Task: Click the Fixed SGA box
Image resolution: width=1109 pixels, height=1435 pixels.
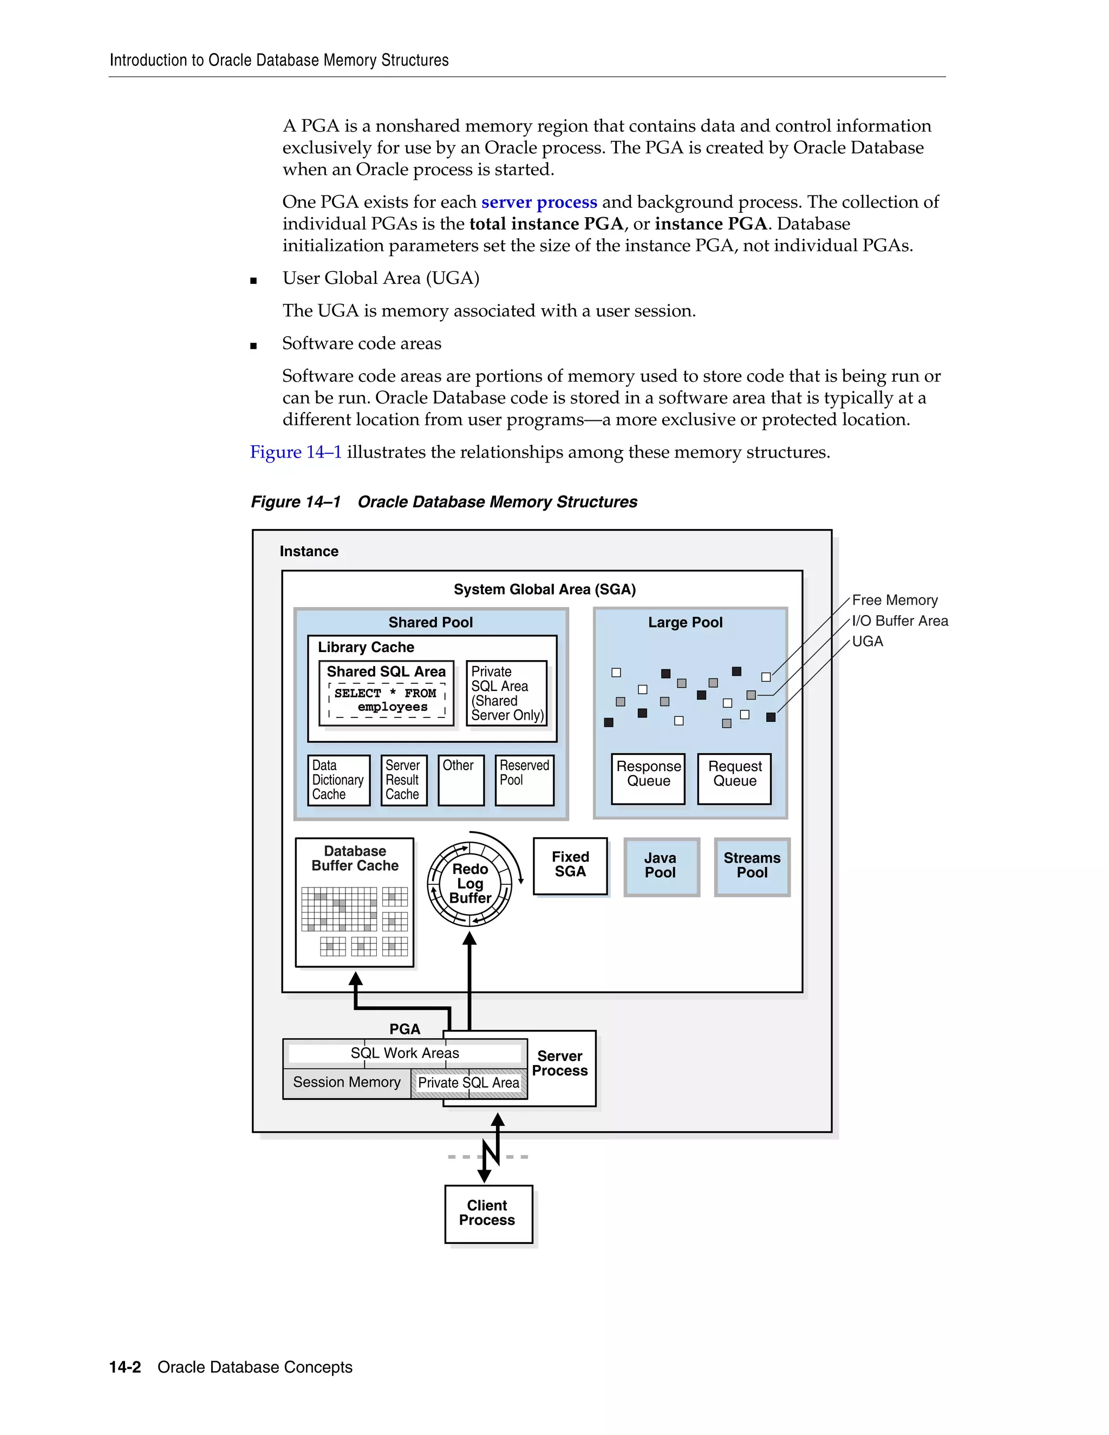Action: pyautogui.click(x=570, y=865)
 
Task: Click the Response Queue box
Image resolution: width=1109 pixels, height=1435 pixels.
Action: pyautogui.click(x=648, y=779)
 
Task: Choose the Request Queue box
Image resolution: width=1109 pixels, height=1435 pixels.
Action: pyautogui.click(x=734, y=779)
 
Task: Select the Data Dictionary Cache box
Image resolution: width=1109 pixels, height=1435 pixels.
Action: pyautogui.click(x=338, y=780)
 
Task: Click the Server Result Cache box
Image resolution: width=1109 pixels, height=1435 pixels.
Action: pyautogui.click(x=403, y=780)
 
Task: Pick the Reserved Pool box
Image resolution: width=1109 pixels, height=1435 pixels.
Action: pyautogui.click(x=524, y=780)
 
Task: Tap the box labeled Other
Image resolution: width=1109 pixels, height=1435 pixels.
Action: pyautogui.click(x=461, y=780)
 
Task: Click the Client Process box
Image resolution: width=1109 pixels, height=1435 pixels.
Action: pyautogui.click(x=487, y=1214)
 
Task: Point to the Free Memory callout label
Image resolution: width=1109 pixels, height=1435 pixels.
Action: pyautogui.click(x=894, y=600)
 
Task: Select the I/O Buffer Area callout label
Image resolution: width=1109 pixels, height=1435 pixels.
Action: pyautogui.click(x=899, y=621)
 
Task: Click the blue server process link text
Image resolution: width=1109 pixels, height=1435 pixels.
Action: pyautogui.click(x=539, y=202)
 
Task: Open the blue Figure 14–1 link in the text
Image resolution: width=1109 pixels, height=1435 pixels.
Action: pyautogui.click(x=296, y=452)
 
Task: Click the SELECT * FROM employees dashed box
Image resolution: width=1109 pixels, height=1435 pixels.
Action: pyautogui.click(x=386, y=700)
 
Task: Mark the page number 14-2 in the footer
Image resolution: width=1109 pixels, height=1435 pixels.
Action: pyautogui.click(x=125, y=1367)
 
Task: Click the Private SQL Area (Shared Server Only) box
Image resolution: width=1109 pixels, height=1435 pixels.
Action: pyautogui.click(x=506, y=693)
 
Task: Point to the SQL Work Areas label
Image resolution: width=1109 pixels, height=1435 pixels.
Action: pyautogui.click(x=404, y=1053)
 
